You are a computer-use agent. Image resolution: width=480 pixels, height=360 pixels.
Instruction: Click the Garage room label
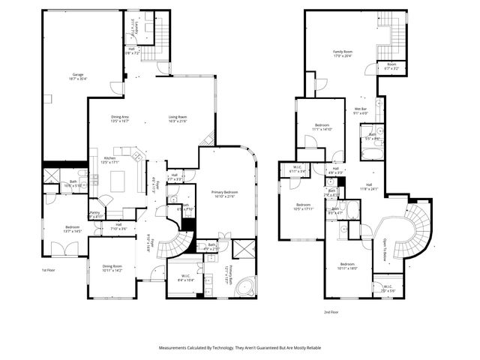77,76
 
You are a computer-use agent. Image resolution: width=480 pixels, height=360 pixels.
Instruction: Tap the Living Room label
177,118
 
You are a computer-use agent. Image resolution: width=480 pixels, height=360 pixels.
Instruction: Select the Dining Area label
120,118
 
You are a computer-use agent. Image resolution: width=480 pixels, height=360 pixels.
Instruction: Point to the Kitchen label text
110,160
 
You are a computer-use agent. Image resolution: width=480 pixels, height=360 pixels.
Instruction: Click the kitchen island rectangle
118,181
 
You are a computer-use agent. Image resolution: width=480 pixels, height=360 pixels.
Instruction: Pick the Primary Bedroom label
223,194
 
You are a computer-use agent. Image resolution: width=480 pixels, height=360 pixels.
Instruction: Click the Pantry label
94,214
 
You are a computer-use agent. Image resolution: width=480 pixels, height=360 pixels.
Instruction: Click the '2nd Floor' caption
331,311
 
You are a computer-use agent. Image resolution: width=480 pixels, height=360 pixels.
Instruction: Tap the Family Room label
343,53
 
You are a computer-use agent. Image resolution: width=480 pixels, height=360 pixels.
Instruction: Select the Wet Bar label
360,110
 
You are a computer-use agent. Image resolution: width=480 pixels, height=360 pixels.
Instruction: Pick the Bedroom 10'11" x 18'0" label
346,266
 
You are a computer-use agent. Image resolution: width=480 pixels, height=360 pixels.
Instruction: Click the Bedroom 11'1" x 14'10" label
322,126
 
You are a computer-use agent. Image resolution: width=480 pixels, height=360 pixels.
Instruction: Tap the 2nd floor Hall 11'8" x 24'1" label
367,187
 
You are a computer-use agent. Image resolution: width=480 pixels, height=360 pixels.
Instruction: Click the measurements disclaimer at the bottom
240,348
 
